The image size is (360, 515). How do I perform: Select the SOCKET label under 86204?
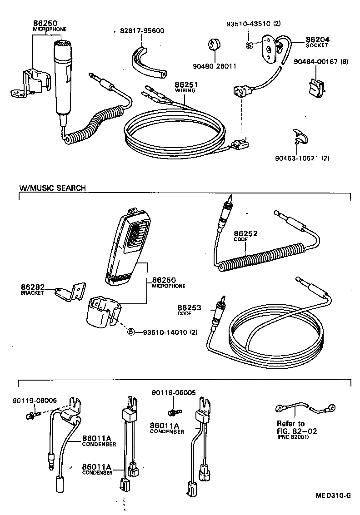tap(317, 46)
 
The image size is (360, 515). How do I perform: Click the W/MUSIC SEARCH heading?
tap(52, 188)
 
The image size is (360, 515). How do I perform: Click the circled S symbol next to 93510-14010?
tap(131, 332)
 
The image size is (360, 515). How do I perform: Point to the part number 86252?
tap(245, 233)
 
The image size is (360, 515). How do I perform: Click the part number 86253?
tap(189, 308)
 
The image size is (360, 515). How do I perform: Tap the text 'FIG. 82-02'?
tap(297, 431)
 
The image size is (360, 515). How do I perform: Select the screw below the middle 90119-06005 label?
tap(173, 411)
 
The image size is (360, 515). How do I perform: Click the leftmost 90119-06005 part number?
tap(35, 400)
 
